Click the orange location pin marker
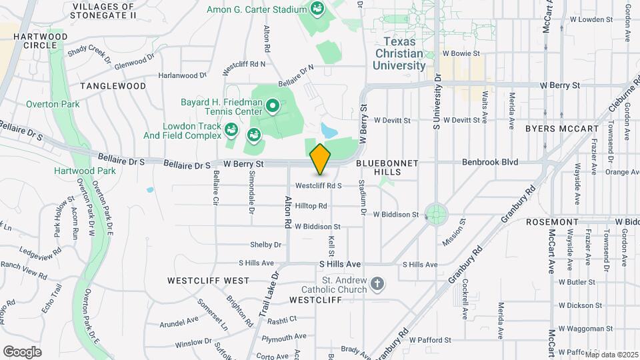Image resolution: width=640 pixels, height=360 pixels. (321, 159)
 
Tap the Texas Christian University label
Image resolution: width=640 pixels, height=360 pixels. (399, 53)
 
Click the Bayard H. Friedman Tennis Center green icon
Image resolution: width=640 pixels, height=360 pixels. (272, 105)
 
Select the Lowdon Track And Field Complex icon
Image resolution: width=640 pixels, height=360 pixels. (231, 129)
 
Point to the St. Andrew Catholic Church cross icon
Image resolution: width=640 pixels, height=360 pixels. (377, 285)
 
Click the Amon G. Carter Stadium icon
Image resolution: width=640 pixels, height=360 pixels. (317, 9)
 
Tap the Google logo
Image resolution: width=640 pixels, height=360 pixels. (22, 351)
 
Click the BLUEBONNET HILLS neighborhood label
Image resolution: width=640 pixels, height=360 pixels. (387, 167)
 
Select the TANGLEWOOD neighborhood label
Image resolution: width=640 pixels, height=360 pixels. (113, 86)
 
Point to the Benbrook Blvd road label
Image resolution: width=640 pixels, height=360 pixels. (491, 162)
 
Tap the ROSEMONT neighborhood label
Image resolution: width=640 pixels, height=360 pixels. (551, 221)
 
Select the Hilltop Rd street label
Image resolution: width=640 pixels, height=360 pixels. (311, 206)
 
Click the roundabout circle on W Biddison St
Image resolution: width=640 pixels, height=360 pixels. (437, 215)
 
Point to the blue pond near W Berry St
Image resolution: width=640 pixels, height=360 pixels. (328, 129)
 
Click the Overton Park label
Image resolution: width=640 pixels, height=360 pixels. (53, 104)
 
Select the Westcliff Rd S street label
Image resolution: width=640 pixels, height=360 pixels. (319, 185)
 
